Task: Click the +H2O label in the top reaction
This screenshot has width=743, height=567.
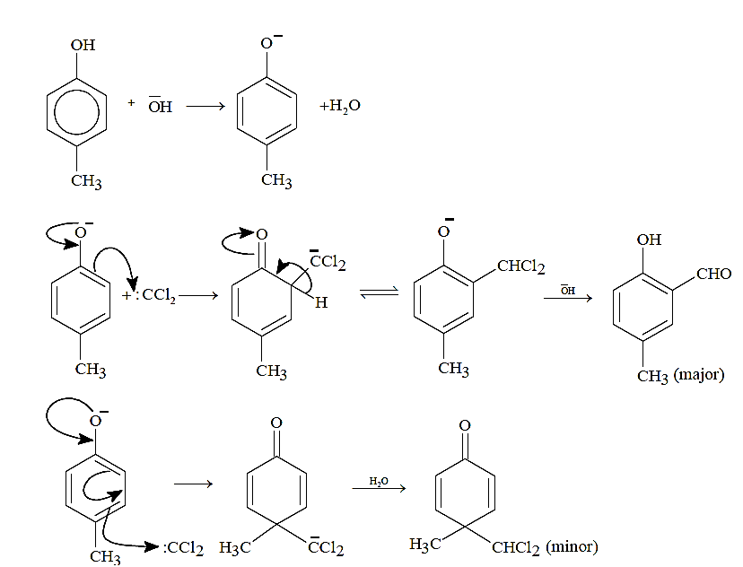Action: (340, 106)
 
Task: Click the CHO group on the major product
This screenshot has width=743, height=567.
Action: (713, 274)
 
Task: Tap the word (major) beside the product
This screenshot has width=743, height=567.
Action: (699, 375)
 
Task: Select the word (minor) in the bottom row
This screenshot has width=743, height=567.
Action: (572, 547)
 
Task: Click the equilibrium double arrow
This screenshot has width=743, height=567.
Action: (379, 292)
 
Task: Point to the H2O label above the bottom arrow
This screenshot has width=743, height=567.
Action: (379, 481)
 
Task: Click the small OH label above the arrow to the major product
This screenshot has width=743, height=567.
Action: (568, 290)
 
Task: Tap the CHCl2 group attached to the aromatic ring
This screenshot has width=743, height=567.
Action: (520, 266)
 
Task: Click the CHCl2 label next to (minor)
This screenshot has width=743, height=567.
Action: (516, 547)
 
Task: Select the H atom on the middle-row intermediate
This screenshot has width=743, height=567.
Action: (321, 302)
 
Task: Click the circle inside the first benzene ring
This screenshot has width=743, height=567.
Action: (77, 113)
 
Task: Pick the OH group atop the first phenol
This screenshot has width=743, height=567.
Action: (83, 45)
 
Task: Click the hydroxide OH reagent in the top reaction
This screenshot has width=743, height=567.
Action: (160, 106)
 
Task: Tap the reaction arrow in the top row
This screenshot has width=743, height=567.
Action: (205, 106)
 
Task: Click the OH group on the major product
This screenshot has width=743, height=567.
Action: (649, 240)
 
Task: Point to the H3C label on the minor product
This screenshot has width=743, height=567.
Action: (425, 545)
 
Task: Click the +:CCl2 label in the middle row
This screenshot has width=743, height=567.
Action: (149, 295)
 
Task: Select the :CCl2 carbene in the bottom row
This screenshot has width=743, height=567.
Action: (183, 548)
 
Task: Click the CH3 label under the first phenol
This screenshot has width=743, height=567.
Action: (86, 181)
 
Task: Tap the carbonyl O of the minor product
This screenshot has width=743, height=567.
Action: (465, 425)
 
